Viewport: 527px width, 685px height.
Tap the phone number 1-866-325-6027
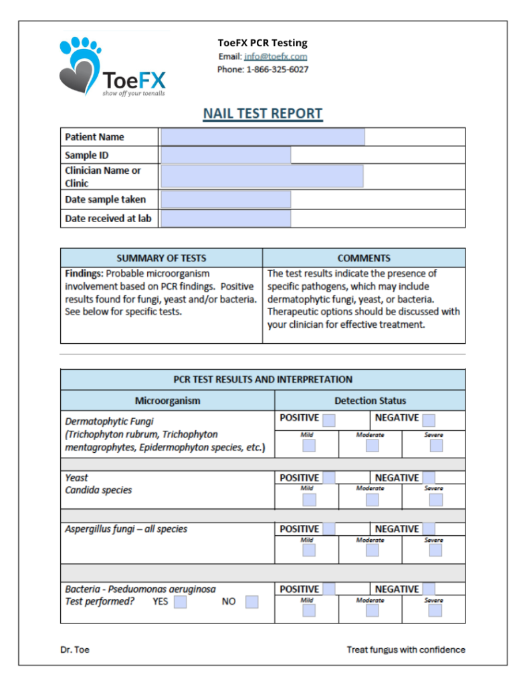pyautogui.click(x=278, y=70)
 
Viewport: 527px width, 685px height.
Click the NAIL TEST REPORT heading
pyautogui.click(x=263, y=114)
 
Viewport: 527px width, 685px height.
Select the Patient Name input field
pyautogui.click(x=263, y=137)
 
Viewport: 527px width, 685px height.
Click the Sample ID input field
pyautogui.click(x=226, y=155)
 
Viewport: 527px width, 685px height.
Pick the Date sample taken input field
pyautogui.click(x=226, y=199)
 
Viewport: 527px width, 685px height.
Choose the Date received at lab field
pyautogui.click(x=226, y=219)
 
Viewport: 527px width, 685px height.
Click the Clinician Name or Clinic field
pyautogui.click(x=262, y=177)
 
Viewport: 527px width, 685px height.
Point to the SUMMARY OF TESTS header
pyautogui.click(x=161, y=258)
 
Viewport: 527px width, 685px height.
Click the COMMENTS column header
pyautogui.click(x=364, y=258)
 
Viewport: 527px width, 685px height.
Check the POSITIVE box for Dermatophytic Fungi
pyautogui.click(x=329, y=420)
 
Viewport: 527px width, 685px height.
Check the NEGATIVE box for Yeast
pyautogui.click(x=429, y=478)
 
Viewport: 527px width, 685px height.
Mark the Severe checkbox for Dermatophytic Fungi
pyautogui.click(x=436, y=446)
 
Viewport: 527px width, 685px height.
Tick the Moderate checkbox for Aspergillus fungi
pyautogui.click(x=372, y=550)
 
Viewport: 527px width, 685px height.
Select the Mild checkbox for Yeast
pyautogui.click(x=308, y=500)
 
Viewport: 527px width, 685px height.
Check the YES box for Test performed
pyautogui.click(x=181, y=602)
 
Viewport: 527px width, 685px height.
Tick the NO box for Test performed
pyautogui.click(x=251, y=602)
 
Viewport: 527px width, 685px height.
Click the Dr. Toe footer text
pyautogui.click(x=74, y=650)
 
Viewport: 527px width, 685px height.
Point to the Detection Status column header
pyautogui.click(x=370, y=401)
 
